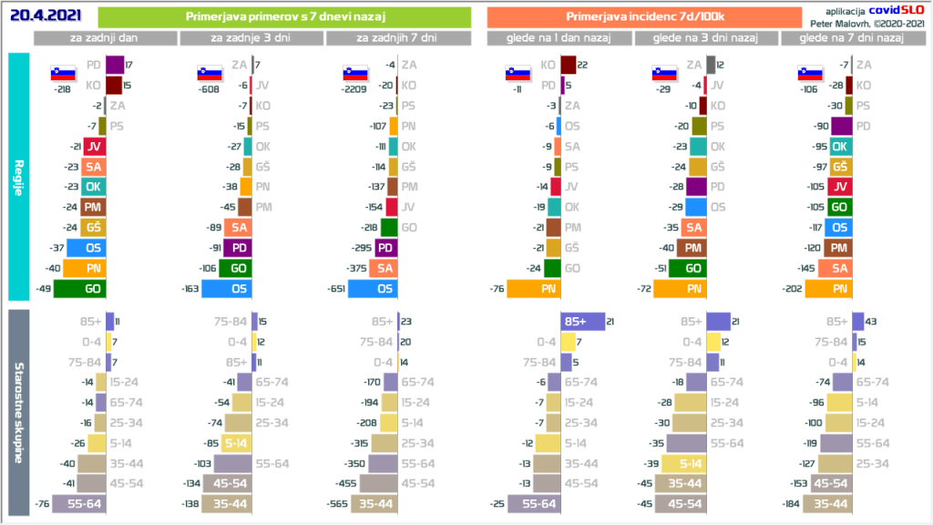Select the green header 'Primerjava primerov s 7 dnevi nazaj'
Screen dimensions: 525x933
click(283, 17)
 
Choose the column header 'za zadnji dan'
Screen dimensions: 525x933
click(105, 38)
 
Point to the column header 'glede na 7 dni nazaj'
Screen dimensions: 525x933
click(849, 38)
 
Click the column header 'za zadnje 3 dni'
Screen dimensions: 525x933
click(251, 38)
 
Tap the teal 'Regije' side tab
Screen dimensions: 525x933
click(18, 177)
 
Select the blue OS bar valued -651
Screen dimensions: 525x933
click(372, 289)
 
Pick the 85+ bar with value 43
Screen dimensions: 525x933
click(858, 321)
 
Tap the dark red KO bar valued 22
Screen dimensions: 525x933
click(568, 65)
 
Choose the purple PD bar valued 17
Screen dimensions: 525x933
click(114, 65)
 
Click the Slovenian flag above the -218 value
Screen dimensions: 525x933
click(62, 74)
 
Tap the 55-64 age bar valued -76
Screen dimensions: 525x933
click(78, 504)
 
